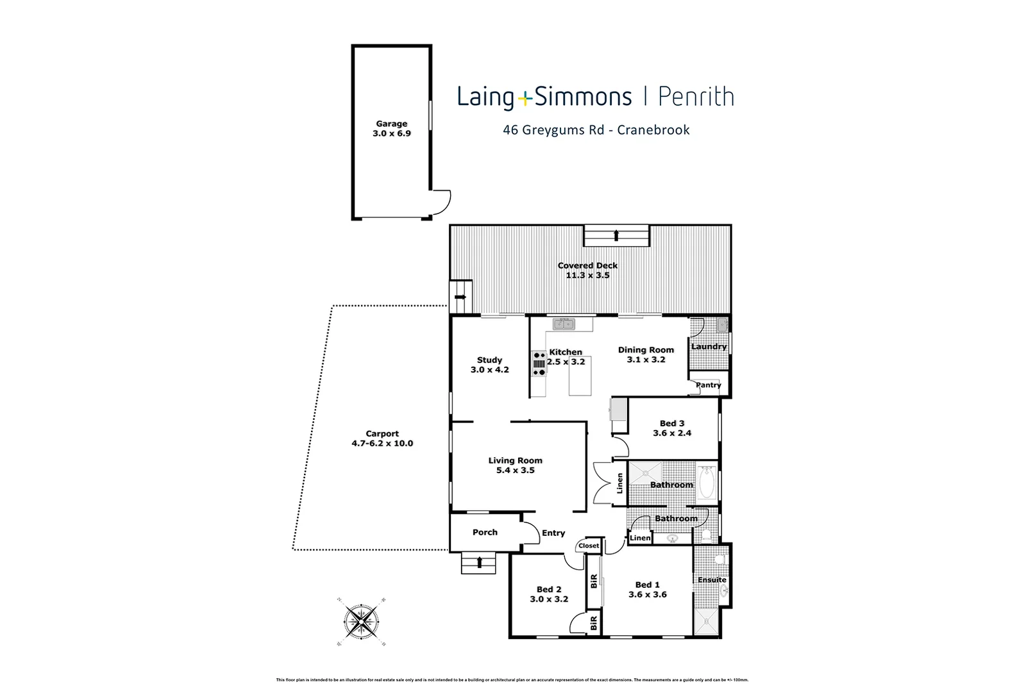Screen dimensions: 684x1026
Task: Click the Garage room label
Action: tap(391, 124)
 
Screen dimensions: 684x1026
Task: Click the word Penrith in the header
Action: tap(695, 97)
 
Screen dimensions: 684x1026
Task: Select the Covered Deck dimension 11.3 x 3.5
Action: tap(587, 276)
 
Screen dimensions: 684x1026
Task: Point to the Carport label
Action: tap(382, 434)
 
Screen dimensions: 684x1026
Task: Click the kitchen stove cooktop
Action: tap(539, 363)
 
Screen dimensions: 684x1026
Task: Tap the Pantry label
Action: tap(709, 385)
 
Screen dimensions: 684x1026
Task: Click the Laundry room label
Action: tap(709, 347)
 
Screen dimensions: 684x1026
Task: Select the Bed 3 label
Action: tap(672, 423)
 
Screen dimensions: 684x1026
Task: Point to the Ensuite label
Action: tap(712, 580)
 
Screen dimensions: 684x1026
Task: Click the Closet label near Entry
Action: tap(589, 546)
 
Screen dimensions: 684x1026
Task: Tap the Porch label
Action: tap(485, 532)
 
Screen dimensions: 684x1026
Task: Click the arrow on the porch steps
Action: tap(479, 563)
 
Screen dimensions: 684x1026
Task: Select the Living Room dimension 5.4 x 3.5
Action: tap(515, 471)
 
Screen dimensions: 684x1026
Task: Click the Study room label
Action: tap(489, 360)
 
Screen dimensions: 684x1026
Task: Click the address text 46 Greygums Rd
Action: tap(552, 130)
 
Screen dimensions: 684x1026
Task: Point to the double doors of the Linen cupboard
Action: tap(603, 484)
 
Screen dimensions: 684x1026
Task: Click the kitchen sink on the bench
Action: tap(564, 324)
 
